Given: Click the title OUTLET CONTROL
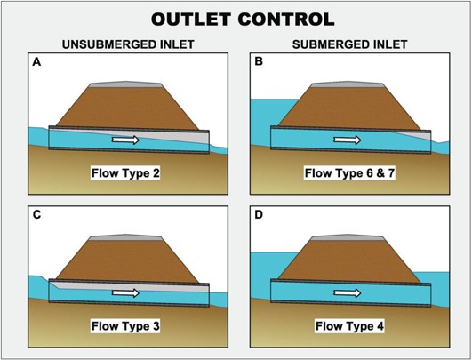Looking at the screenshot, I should [x=236, y=19].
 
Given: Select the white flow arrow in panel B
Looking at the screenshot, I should [x=347, y=140].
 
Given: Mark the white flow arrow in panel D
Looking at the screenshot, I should [x=347, y=292].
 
